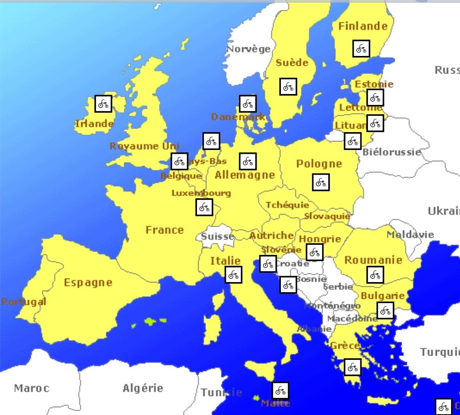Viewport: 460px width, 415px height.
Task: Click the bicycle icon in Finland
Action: pos(361,49)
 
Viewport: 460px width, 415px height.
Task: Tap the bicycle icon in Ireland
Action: pos(103,104)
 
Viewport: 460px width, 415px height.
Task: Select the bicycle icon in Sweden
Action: pos(288,87)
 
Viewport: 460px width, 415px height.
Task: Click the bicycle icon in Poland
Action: pos(321,182)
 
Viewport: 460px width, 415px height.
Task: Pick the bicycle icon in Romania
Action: pos(375,275)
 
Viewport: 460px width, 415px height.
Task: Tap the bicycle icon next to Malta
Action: pos(280,391)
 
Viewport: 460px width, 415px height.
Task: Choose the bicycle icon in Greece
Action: pos(352,367)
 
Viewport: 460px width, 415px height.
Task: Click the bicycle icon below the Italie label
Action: pos(233,275)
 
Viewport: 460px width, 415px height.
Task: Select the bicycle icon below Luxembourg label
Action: pos(204,207)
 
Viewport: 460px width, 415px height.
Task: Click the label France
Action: pos(165,230)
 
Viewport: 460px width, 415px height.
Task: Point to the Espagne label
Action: pos(88,282)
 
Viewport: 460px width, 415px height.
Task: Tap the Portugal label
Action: pos(24,302)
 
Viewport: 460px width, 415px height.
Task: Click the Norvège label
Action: pos(248,49)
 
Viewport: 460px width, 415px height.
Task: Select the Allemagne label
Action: pos(245,175)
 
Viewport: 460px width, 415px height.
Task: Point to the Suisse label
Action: pos(218,236)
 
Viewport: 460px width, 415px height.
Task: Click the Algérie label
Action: pos(143,388)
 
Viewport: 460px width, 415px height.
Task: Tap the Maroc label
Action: pos(32,388)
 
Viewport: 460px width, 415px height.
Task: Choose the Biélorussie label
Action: pos(392,152)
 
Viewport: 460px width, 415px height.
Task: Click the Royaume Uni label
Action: pos(144,146)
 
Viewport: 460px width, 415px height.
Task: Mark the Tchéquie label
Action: pos(287,205)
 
